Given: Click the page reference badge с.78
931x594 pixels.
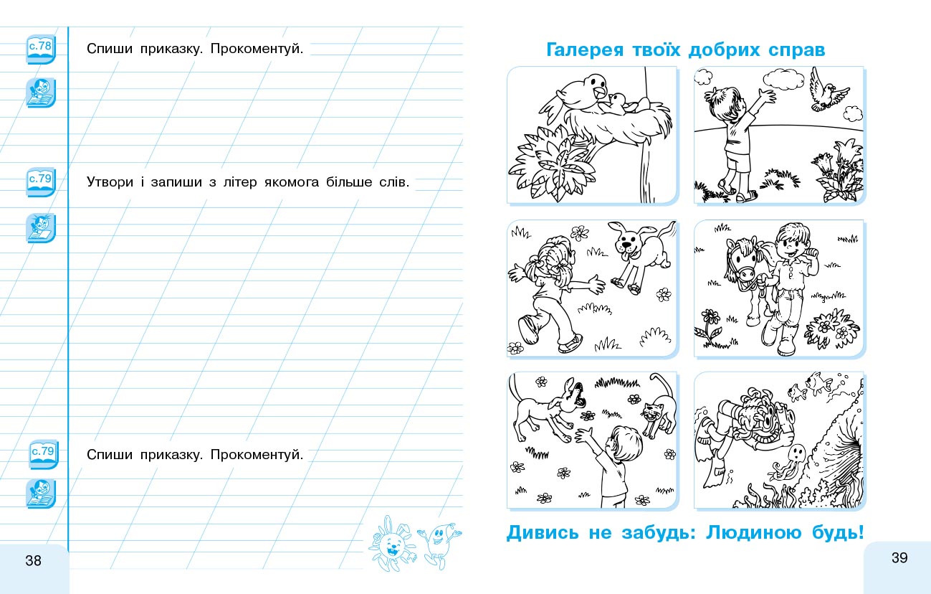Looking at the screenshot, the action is (41, 49).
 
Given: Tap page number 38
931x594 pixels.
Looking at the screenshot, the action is (33, 561).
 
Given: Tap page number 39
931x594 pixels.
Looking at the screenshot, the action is (899, 558).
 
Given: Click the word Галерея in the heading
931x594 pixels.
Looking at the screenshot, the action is (585, 50).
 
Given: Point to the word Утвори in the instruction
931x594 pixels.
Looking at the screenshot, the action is (110, 182).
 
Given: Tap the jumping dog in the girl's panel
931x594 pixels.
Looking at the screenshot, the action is (640, 256).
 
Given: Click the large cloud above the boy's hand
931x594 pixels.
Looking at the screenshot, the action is (783, 79).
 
